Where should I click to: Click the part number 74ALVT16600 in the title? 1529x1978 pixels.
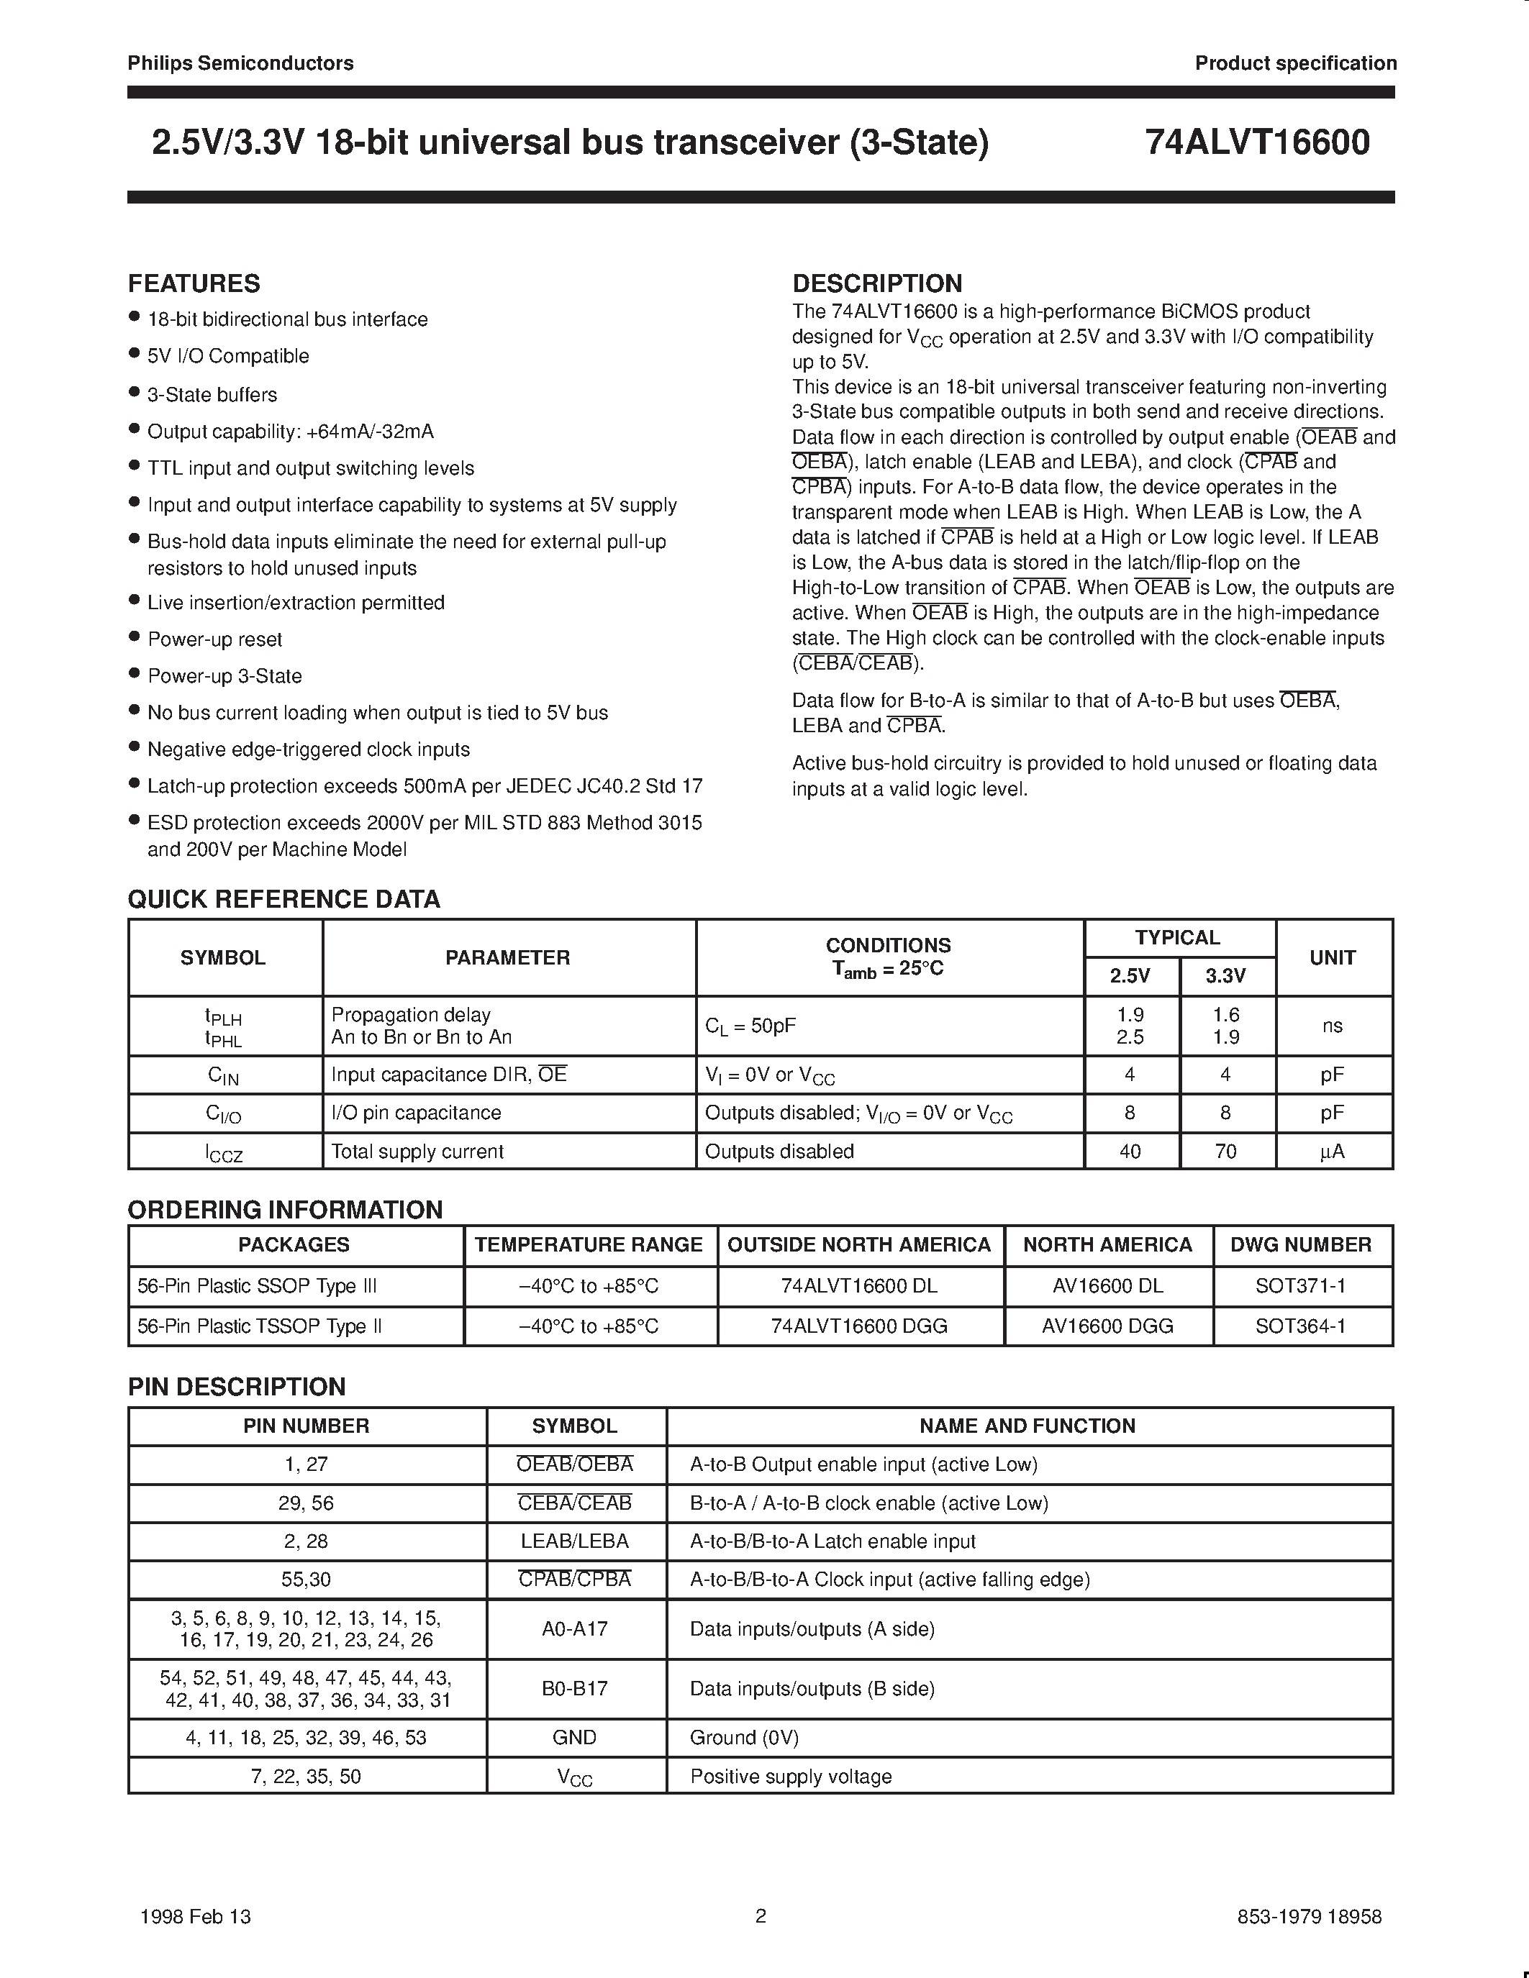pos(1256,143)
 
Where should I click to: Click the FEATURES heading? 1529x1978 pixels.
pos(194,283)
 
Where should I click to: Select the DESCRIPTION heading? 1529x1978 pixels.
pos(877,283)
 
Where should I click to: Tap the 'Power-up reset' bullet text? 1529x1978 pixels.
pos(214,639)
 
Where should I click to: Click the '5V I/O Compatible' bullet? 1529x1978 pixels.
pos(228,356)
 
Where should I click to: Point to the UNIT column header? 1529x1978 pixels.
pos(1332,957)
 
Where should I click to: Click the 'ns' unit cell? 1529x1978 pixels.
pos(1332,1026)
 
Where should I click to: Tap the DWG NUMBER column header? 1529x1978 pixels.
pos(1301,1244)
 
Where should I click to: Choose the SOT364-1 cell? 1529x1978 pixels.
pos(1301,1326)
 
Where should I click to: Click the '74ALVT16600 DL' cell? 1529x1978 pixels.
pos(858,1286)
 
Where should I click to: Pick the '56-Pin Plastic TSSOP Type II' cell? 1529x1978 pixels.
pos(259,1326)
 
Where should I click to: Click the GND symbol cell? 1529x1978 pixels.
pos(574,1737)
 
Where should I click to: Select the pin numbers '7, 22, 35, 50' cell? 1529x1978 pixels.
pos(307,1776)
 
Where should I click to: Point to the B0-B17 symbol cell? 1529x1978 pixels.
pos(574,1688)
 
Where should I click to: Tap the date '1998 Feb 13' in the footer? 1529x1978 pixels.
pos(196,1916)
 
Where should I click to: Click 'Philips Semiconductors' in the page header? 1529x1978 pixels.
pos(240,63)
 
